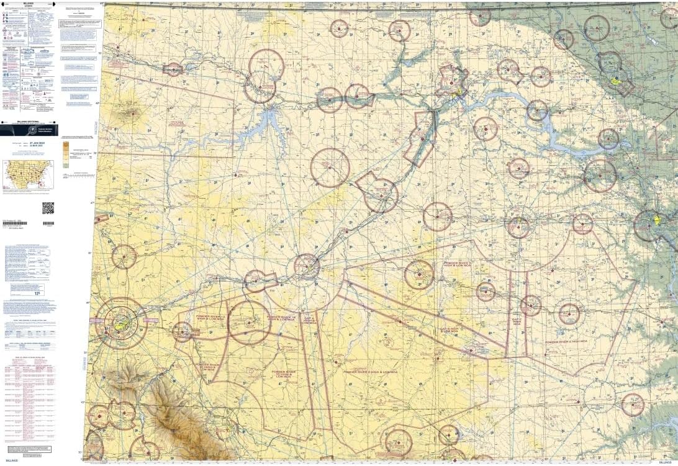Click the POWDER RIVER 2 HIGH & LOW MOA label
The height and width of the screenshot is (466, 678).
[371, 372]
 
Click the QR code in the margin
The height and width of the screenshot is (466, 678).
[48, 208]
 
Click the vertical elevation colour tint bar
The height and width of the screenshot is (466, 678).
[66, 152]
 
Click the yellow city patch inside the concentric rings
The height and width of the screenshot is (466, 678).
[122, 323]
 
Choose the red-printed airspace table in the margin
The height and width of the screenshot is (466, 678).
[29, 397]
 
